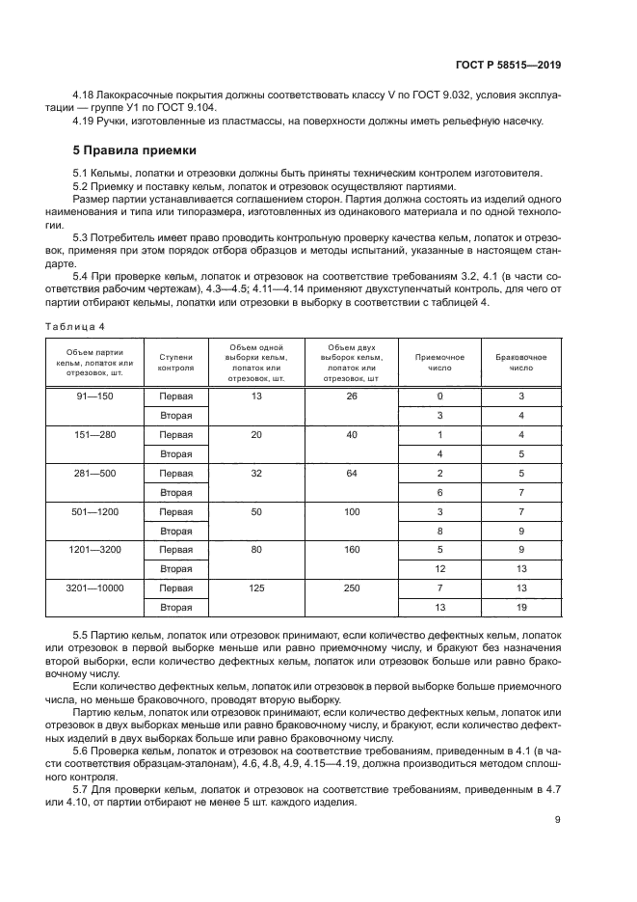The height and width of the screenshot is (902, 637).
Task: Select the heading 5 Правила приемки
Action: tap(135, 150)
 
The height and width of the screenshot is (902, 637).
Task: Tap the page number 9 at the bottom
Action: tap(557, 820)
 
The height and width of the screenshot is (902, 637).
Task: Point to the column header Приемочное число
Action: tap(427, 362)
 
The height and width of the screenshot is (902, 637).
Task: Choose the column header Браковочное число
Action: tap(521, 362)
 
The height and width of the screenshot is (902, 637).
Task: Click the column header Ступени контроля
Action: tap(176, 362)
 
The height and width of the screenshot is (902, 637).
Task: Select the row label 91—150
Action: tap(94, 396)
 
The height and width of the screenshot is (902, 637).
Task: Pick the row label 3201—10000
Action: tap(94, 588)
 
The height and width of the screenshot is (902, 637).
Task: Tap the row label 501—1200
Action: tap(94, 511)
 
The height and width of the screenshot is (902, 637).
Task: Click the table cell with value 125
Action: tap(256, 588)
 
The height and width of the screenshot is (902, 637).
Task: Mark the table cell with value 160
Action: tap(351, 550)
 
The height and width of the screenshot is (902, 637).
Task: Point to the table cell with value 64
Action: tap(351, 474)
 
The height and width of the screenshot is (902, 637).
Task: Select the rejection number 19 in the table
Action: tap(521, 607)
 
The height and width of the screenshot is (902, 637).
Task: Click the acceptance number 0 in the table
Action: tap(439, 396)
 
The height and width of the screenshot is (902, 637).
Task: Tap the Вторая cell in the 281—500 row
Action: tap(176, 492)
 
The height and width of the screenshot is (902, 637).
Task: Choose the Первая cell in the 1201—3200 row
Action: tap(176, 550)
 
